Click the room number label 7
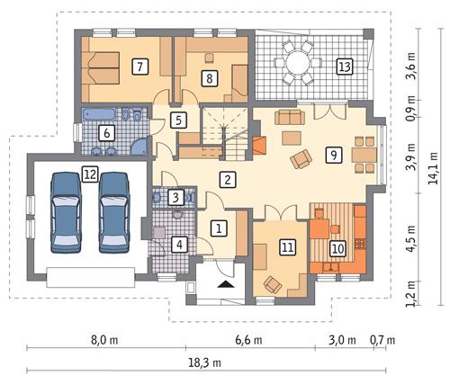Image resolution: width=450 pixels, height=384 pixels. pyautogui.click(x=139, y=66)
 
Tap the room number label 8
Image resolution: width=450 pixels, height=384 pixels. pyautogui.click(x=209, y=78)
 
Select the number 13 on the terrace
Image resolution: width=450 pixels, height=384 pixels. pyautogui.click(x=343, y=66)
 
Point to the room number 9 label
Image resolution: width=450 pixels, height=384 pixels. pyautogui.click(x=333, y=155)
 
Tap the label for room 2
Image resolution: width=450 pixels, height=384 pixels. pyautogui.click(x=229, y=179)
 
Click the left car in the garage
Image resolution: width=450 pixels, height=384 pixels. pyautogui.click(x=65, y=211)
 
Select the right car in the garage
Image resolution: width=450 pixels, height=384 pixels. pyautogui.click(x=114, y=211)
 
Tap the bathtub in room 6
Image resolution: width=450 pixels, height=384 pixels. pyautogui.click(x=101, y=117)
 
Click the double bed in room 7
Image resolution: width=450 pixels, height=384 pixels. pyautogui.click(x=102, y=67)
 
